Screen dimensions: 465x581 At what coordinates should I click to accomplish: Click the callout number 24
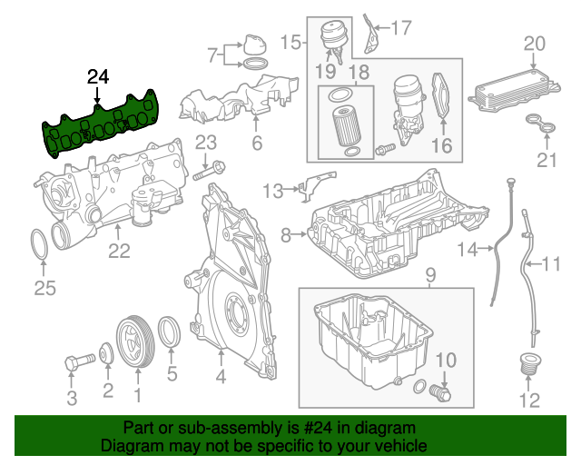[97, 77]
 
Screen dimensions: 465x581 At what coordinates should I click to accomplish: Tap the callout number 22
[120, 252]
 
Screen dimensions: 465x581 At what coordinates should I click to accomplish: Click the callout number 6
[257, 143]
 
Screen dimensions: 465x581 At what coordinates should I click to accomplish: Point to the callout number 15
[291, 42]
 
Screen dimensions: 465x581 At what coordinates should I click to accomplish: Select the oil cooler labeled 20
[507, 89]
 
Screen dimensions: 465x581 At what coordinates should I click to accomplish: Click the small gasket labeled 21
[541, 128]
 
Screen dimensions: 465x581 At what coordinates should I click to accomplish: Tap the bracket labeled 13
[309, 185]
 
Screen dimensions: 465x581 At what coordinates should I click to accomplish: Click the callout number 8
[286, 236]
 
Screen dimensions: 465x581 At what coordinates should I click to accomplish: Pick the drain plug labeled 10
[442, 393]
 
